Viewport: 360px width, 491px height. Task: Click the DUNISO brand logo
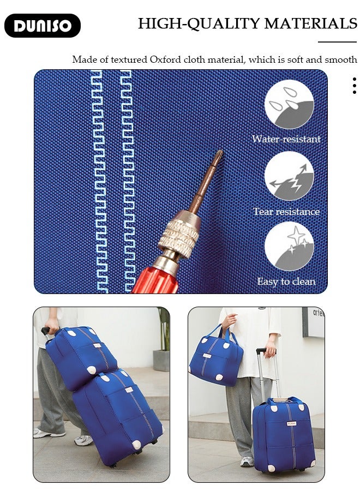43,26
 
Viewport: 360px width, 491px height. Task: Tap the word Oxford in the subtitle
165,59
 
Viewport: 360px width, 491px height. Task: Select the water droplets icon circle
289,104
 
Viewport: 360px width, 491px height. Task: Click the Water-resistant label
286,139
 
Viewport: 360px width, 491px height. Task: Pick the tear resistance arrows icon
289,176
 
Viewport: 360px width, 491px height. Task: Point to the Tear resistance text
286,212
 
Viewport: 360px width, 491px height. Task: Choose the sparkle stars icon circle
289,247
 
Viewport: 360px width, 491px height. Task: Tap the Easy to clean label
286,282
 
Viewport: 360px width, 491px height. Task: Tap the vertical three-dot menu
355,86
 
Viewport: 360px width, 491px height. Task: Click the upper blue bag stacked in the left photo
81,357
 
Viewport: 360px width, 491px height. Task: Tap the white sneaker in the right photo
247,461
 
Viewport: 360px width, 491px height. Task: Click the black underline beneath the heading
338,41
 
